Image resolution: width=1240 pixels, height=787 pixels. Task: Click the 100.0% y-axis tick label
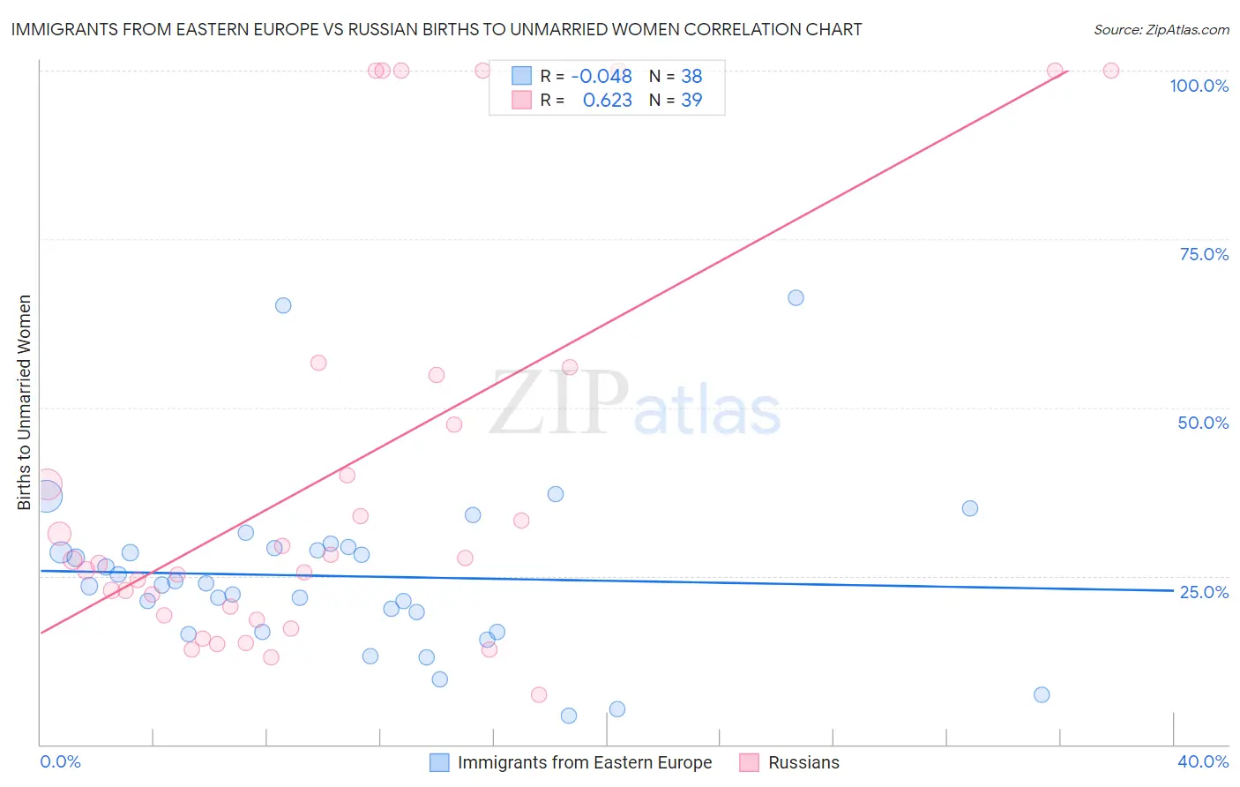pyautogui.click(x=1199, y=86)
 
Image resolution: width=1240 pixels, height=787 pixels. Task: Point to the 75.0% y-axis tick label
pyautogui.click(x=1204, y=254)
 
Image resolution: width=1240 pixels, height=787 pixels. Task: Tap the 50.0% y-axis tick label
pyautogui.click(x=1203, y=423)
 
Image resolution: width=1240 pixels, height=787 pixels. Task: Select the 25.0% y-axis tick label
pyautogui.click(x=1204, y=591)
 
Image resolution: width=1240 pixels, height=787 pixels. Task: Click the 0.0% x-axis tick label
pyautogui.click(x=60, y=761)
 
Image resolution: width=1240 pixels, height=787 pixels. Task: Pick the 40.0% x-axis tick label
pyautogui.click(x=1203, y=761)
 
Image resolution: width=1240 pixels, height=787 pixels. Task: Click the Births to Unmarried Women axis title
pyautogui.click(x=24, y=402)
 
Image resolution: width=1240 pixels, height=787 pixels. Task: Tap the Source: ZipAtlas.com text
pyautogui.click(x=1161, y=29)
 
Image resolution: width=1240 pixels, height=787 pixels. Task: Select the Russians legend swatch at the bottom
pyautogui.click(x=749, y=762)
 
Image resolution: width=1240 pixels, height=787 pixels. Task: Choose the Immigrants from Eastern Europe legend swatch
pyautogui.click(x=439, y=762)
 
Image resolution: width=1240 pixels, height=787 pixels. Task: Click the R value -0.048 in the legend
pyautogui.click(x=601, y=76)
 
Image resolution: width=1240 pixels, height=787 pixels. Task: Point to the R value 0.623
pyautogui.click(x=607, y=100)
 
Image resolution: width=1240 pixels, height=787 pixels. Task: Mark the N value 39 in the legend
pyautogui.click(x=691, y=100)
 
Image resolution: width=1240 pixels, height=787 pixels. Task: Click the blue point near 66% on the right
pyautogui.click(x=796, y=297)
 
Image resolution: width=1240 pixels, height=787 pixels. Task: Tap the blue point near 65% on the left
pyautogui.click(x=283, y=305)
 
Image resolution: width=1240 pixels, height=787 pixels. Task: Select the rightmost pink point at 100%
pyautogui.click(x=1111, y=71)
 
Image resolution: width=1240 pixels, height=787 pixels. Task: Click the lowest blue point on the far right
pyautogui.click(x=1042, y=694)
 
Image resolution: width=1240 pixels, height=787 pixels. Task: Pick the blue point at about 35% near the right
pyautogui.click(x=970, y=508)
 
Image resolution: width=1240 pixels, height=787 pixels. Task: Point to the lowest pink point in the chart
pyautogui.click(x=539, y=694)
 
